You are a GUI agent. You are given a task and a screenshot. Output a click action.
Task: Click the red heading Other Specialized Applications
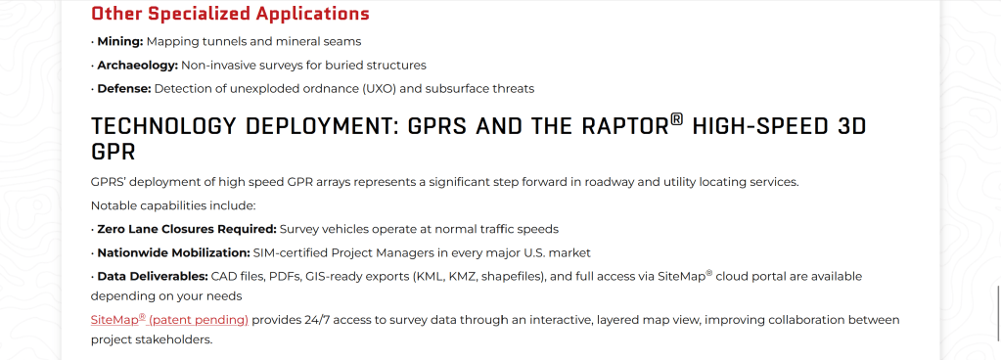pyautogui.click(x=230, y=14)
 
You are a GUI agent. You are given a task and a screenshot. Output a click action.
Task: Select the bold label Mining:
pyautogui.click(x=120, y=41)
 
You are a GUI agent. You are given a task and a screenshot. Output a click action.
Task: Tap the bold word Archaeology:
pyautogui.click(x=137, y=66)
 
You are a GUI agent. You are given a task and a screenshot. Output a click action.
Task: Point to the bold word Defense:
pyautogui.click(x=124, y=89)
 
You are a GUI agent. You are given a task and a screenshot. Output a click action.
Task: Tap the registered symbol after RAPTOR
pyautogui.click(x=677, y=120)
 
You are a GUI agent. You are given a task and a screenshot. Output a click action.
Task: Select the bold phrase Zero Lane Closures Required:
pyautogui.click(x=187, y=229)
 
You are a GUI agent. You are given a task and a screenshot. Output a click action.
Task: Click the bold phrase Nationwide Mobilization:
pyautogui.click(x=173, y=252)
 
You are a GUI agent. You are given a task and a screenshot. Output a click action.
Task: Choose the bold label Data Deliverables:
pyautogui.click(x=153, y=277)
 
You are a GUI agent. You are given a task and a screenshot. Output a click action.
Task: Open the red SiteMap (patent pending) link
pyautogui.click(x=169, y=319)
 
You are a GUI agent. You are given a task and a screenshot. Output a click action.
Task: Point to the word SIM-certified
pyautogui.click(x=291, y=252)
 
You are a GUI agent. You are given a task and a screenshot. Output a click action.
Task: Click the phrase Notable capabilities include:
pyautogui.click(x=173, y=205)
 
